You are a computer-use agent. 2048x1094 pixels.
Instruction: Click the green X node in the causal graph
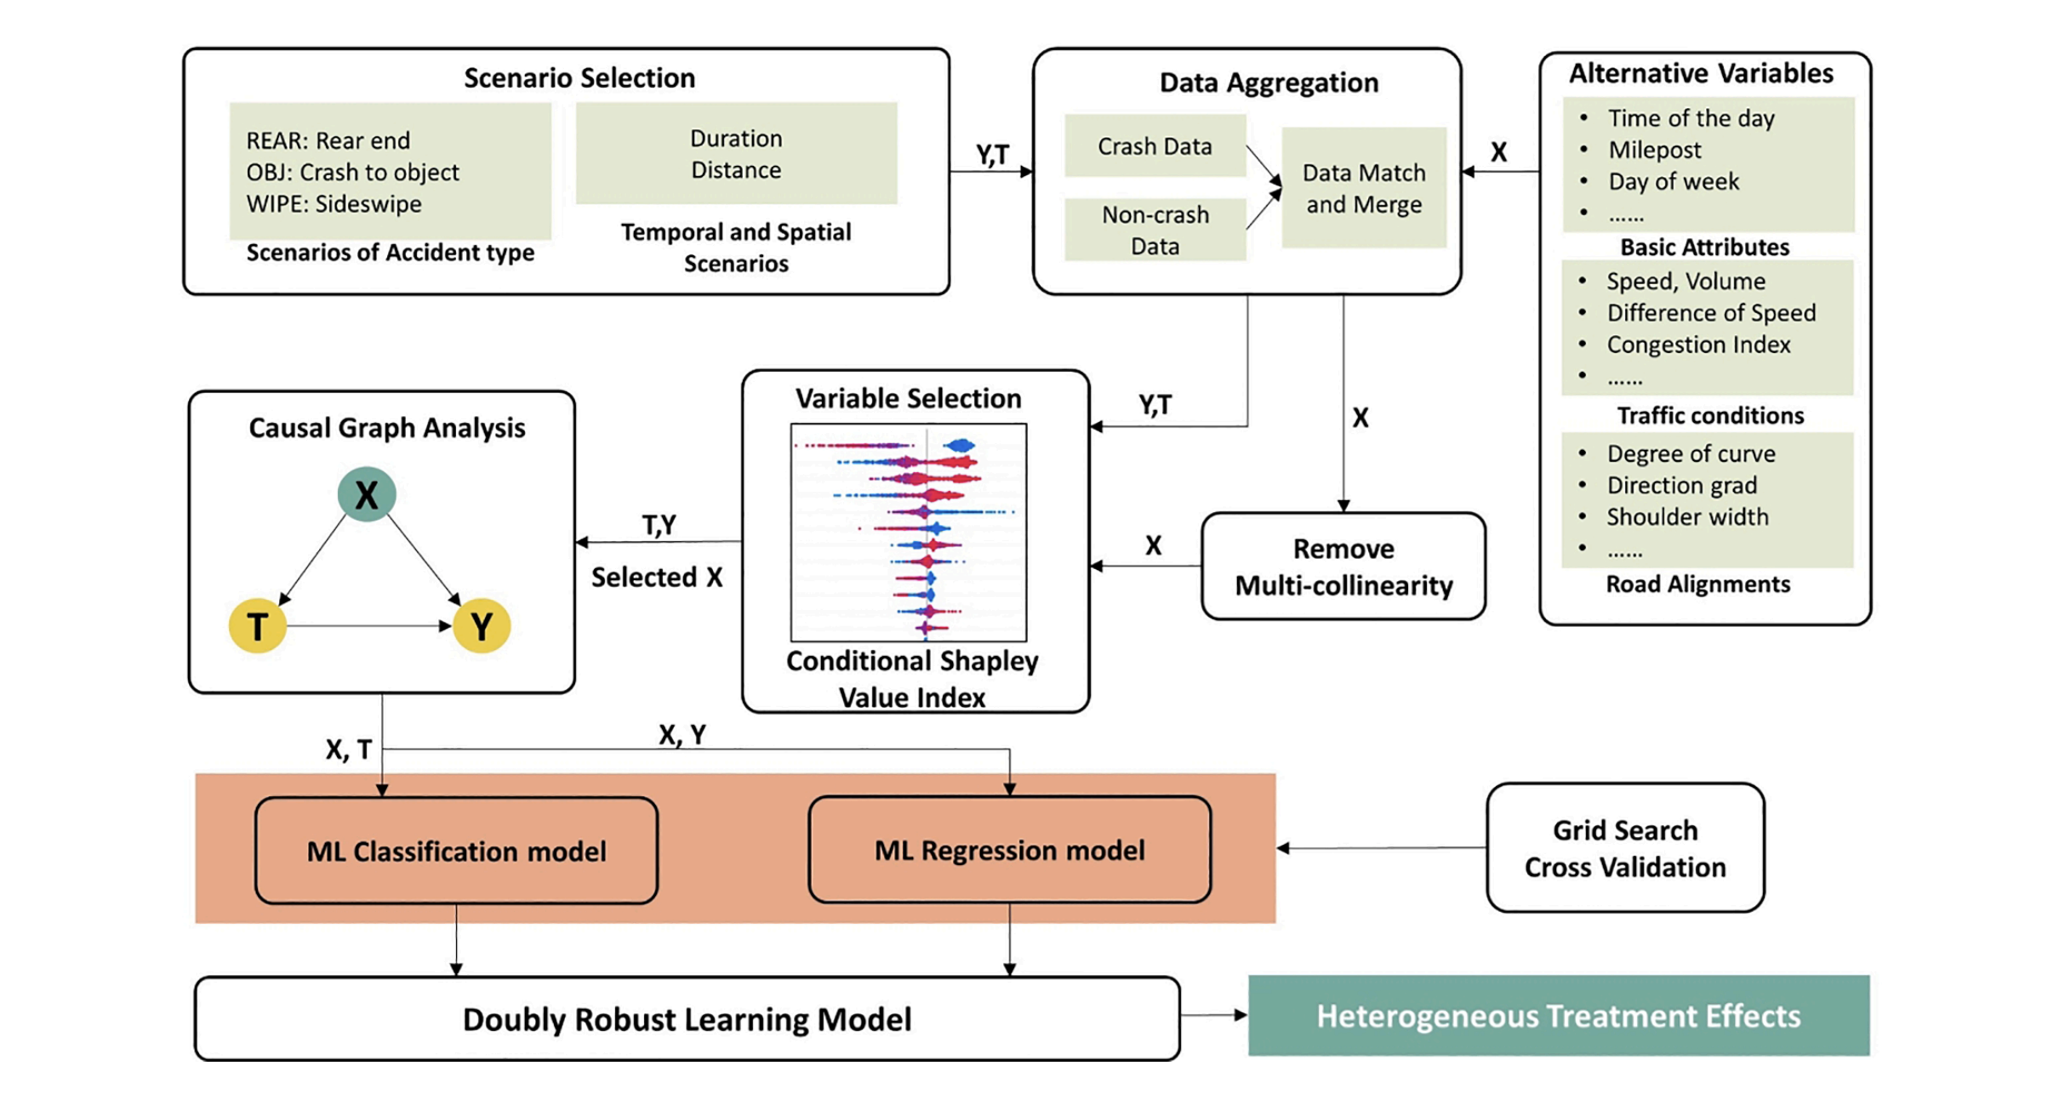(x=367, y=494)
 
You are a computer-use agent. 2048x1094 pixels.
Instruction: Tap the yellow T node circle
(x=258, y=626)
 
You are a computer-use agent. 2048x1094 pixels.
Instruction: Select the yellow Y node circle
(x=482, y=626)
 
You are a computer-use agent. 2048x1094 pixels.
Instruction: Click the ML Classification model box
(x=456, y=851)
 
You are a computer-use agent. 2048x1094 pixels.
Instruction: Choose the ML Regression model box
(x=1009, y=850)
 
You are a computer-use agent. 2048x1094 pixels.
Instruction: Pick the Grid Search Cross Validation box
(x=1625, y=848)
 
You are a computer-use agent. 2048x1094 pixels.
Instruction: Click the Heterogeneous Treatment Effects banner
(x=1558, y=1016)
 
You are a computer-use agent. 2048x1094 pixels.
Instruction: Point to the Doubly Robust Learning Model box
(x=687, y=1019)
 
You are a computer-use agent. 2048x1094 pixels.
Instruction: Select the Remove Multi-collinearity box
(x=1343, y=567)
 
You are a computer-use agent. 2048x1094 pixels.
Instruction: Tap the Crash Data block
(x=1155, y=146)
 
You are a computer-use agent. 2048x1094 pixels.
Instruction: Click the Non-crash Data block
(x=1155, y=230)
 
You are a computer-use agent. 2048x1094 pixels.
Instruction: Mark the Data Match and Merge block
(x=1364, y=188)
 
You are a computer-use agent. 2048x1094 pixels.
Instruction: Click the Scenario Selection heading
(x=579, y=78)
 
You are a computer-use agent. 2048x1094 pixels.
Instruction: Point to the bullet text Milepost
(x=1655, y=150)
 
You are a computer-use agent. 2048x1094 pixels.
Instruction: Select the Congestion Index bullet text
(x=1698, y=345)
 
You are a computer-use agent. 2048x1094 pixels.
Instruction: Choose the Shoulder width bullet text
(x=1687, y=517)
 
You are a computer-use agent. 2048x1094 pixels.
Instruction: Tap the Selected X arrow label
(x=657, y=578)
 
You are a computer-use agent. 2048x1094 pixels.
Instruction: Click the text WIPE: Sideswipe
(x=334, y=204)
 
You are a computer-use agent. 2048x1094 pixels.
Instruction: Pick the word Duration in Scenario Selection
(x=736, y=139)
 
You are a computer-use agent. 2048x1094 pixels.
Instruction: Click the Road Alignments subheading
(x=1697, y=584)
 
